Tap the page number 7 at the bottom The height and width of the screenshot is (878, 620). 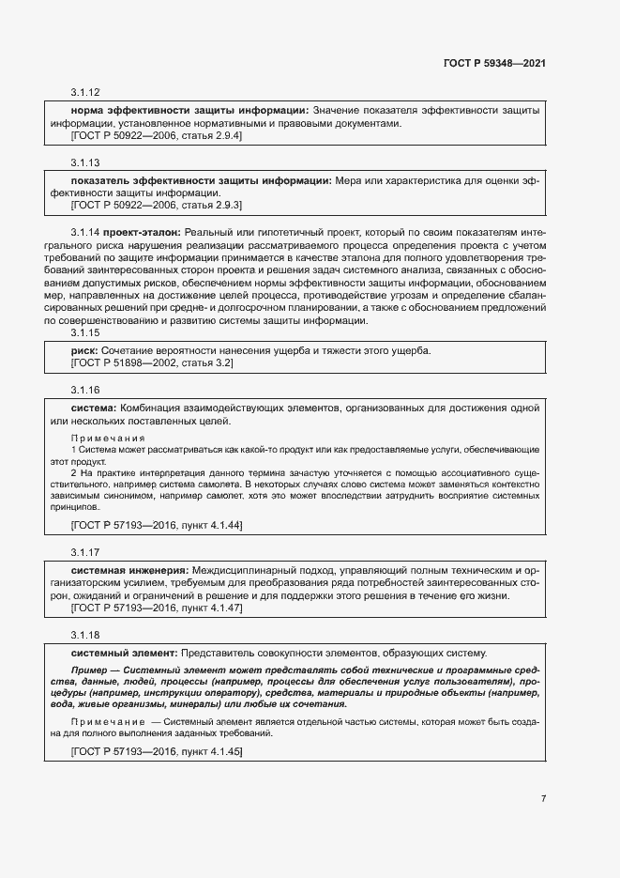pyautogui.click(x=543, y=798)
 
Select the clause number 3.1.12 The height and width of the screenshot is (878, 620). pyautogui.click(x=85, y=93)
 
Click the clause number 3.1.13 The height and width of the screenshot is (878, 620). pyautogui.click(x=85, y=162)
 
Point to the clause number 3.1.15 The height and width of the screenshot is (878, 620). pyautogui.click(x=85, y=333)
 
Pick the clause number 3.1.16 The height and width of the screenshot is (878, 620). pyautogui.click(x=85, y=390)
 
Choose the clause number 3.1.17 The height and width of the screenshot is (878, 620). pyautogui.click(x=85, y=552)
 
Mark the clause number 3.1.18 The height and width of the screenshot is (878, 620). pyautogui.click(x=85, y=635)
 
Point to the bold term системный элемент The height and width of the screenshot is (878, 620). pyautogui.click(x=125, y=653)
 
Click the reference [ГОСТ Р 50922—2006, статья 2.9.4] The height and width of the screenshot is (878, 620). pyautogui.click(x=157, y=136)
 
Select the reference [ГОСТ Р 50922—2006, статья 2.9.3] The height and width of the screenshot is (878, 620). pyautogui.click(x=157, y=204)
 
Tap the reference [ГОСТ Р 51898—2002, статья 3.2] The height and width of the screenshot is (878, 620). pyautogui.click(x=152, y=362)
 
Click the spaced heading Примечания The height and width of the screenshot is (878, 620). pyautogui.click(x=108, y=438)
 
